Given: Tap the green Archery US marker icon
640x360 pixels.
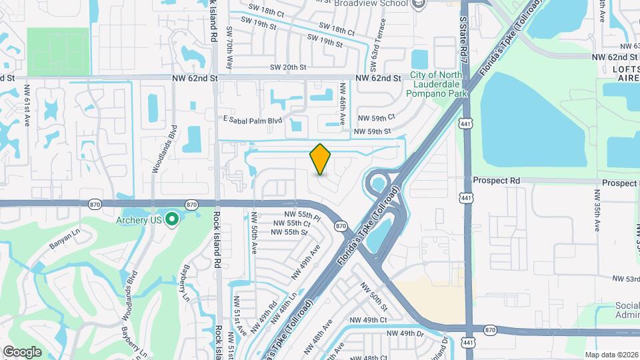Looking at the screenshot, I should pos(172,219).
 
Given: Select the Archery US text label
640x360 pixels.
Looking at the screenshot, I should pos(139,220).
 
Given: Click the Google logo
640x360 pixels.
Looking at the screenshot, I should pos(22,351).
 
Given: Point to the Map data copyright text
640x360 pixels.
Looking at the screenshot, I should pos(611,355).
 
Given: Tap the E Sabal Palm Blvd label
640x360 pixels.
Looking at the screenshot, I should pos(253,120).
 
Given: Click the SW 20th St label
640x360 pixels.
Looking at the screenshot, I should pos(288,67).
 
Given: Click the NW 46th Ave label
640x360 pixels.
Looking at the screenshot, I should pos(342,102).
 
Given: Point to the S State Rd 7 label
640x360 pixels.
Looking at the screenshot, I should pos(463,36).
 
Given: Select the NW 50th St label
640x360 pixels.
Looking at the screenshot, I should pos(374,298).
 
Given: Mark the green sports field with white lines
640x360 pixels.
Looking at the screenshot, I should pos(58,52).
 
